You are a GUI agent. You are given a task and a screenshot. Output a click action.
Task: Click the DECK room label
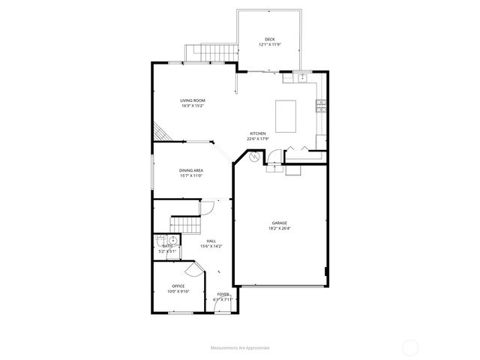270,39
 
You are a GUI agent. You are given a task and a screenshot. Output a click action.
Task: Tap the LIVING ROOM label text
193,100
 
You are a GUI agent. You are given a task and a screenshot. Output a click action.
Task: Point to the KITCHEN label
258,133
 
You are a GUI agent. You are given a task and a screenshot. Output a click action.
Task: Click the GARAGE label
280,223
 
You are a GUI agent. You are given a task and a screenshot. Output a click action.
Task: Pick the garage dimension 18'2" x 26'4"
280,228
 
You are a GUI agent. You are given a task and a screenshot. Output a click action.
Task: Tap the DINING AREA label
191,170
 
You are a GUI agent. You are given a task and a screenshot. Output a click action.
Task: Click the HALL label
211,241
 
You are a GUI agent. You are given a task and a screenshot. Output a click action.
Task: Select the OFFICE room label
178,286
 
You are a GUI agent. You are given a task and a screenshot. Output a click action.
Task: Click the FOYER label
223,294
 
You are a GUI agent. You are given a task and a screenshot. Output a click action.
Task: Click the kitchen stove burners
320,104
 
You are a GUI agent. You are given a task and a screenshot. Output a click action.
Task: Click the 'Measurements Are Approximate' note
240,348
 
